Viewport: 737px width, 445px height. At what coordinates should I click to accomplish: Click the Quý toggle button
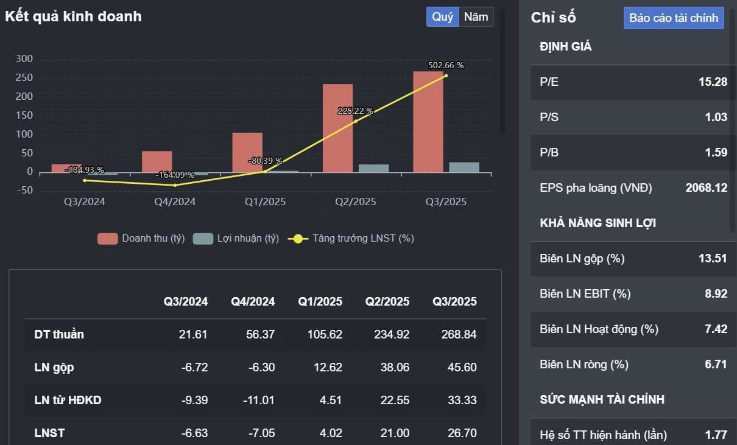click(x=442, y=17)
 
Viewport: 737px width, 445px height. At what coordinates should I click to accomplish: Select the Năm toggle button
click(x=476, y=17)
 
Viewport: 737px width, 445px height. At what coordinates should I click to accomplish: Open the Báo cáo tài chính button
click(x=674, y=18)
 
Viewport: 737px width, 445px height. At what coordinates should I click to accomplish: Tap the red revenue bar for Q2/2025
click(x=338, y=128)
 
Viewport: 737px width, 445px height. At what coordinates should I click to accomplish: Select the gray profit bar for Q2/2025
click(x=373, y=168)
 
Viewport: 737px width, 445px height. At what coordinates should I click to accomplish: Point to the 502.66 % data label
click(x=446, y=65)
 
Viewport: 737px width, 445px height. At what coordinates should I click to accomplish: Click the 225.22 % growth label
click(x=356, y=111)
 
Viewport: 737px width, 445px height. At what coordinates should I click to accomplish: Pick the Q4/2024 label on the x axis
click(x=175, y=201)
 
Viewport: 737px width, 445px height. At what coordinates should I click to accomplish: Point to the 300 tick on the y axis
click(x=24, y=59)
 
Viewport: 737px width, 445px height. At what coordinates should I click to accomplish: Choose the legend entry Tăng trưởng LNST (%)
click(x=353, y=239)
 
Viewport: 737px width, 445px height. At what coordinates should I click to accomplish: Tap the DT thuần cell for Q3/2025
click(x=454, y=334)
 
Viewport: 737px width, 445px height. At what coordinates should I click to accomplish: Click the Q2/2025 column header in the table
click(x=387, y=301)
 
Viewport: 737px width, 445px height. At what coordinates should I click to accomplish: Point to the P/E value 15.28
click(x=713, y=82)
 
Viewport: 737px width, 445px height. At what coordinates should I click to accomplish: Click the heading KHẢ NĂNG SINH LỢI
click(x=598, y=223)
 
